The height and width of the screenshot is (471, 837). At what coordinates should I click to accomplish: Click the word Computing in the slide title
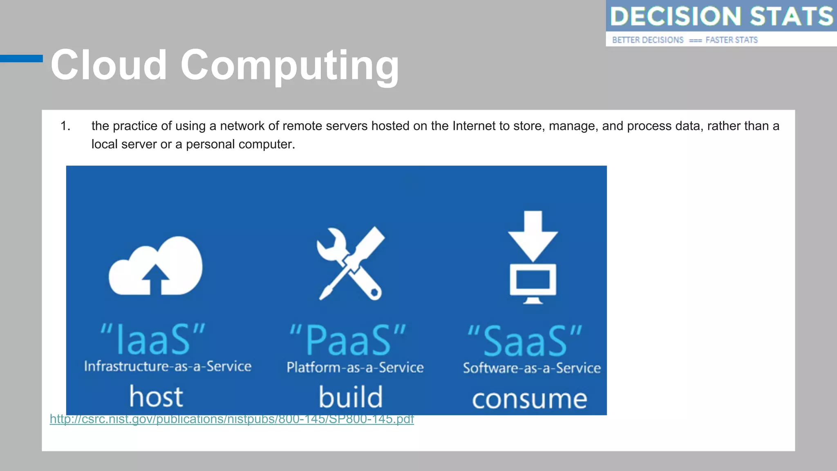pos(289,65)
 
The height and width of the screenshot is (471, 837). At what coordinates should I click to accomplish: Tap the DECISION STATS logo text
pos(721,16)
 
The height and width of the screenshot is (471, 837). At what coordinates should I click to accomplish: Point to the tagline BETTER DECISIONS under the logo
pos(647,40)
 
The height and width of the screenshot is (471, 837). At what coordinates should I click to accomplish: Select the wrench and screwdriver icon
pos(351,264)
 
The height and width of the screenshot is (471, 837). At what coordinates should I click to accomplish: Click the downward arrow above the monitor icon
pos(533,235)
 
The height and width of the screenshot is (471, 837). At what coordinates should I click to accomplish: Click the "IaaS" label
pos(153,339)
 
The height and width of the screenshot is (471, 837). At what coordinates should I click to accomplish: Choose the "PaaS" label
pos(348,340)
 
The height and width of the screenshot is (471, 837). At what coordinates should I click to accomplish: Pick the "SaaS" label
pos(525,341)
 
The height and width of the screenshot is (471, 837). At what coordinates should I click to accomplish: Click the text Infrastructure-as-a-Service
pos(168,366)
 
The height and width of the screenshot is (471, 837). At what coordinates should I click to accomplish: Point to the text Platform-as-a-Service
pos(355,368)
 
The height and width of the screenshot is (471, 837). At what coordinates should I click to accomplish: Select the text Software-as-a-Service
pos(532,368)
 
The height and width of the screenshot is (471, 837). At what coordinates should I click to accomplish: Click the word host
pos(156,397)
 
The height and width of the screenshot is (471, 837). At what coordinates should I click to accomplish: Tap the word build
pos(351,397)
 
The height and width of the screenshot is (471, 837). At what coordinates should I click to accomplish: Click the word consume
pos(530,399)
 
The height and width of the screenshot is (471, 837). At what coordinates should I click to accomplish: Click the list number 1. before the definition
pos(65,126)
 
